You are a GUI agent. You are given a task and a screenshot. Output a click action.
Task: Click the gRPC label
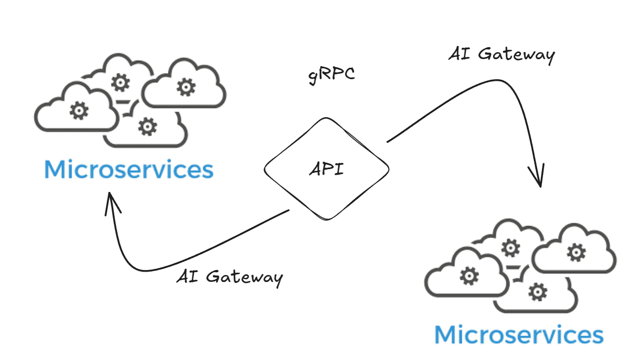[x=331, y=74]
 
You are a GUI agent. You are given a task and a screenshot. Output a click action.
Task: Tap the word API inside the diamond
[x=326, y=170]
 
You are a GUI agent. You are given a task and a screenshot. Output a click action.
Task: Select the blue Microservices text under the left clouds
[x=128, y=169]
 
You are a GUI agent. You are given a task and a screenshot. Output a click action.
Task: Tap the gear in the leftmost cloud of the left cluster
[x=79, y=111]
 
